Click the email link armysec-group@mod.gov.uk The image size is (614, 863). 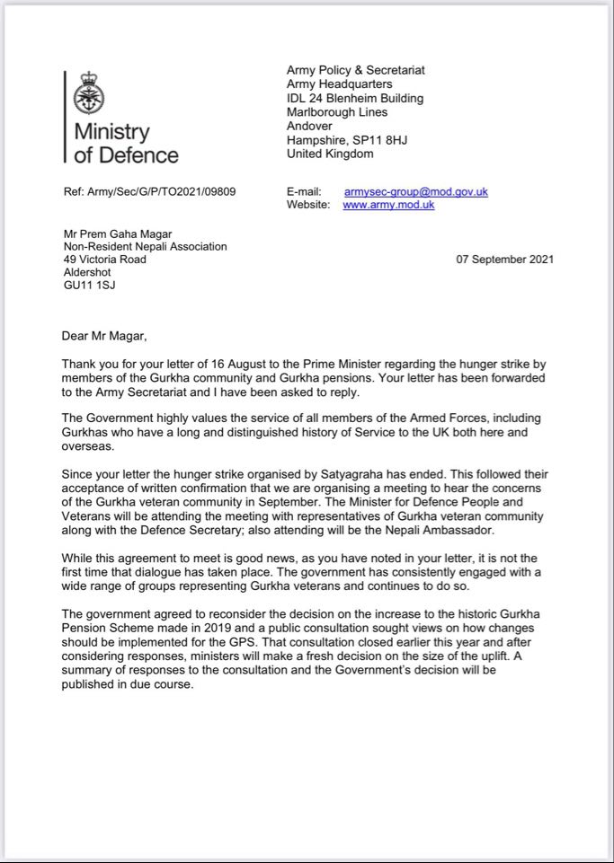[x=415, y=191]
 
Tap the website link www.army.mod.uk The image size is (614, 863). [x=388, y=205]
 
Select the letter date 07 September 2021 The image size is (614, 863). [x=505, y=260]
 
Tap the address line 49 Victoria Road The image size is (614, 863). [x=104, y=260]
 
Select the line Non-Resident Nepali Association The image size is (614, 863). [x=145, y=246]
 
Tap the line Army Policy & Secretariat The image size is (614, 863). [x=355, y=70]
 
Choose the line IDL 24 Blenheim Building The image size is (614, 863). [x=354, y=98]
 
